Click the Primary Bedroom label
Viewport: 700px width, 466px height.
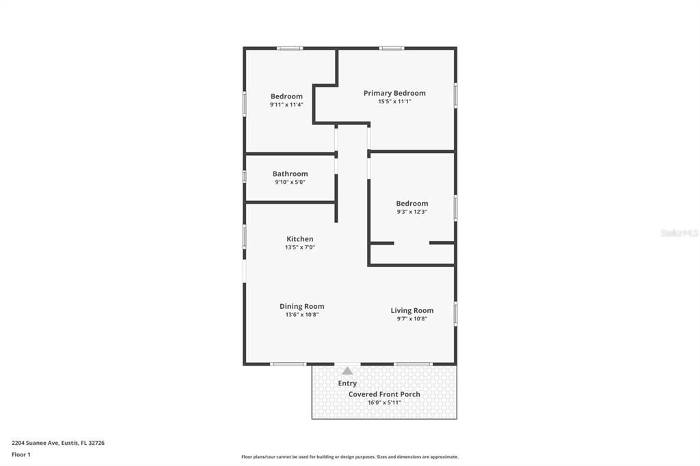click(394, 93)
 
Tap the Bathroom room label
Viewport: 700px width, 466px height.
click(290, 174)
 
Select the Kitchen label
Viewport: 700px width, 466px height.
click(299, 239)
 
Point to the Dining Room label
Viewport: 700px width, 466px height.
click(301, 306)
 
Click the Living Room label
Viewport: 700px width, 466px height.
click(412, 310)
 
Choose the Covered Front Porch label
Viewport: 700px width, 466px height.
click(384, 394)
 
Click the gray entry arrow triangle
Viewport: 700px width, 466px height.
click(347, 370)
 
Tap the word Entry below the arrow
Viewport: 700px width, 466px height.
click(347, 383)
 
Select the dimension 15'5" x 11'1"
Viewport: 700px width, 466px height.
click(394, 102)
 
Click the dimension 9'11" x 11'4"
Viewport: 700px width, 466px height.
click(286, 105)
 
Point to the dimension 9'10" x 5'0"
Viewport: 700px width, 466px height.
click(290, 182)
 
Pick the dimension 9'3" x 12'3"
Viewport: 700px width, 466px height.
click(412, 212)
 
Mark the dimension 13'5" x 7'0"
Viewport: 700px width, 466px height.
click(299, 247)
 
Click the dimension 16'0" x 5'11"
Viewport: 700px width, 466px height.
click(384, 402)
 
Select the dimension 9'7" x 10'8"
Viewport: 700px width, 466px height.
click(412, 319)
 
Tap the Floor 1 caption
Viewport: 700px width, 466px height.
click(21, 454)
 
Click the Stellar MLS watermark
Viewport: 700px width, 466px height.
click(679, 233)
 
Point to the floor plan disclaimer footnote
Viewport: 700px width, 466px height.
click(349, 456)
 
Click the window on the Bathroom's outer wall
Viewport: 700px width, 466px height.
click(245, 176)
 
